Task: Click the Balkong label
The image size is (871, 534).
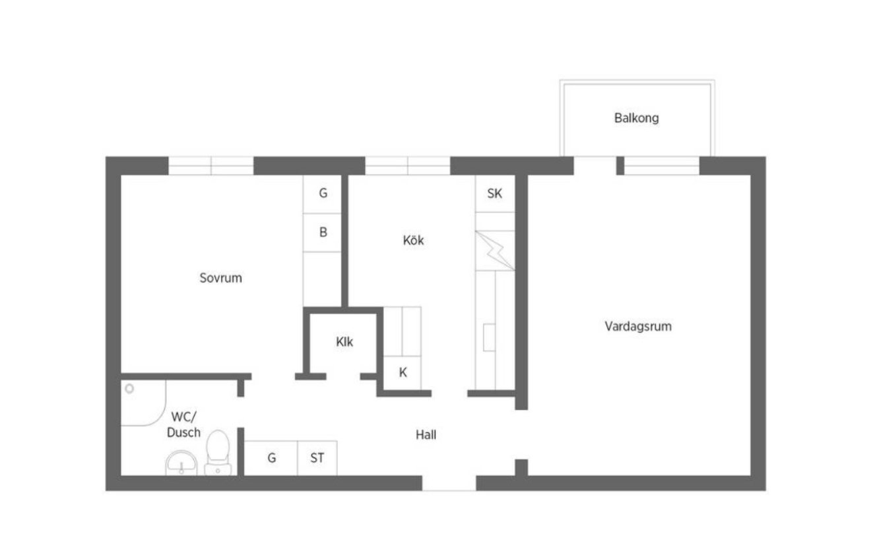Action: tap(637, 118)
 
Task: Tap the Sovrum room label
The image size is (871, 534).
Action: tap(220, 278)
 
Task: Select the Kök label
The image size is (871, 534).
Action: tap(413, 240)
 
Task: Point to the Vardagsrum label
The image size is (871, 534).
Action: tap(638, 326)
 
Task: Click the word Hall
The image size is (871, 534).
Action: tap(426, 435)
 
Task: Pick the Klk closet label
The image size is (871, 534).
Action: tap(344, 342)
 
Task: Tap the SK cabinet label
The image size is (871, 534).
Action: tap(495, 193)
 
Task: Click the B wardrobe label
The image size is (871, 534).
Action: tap(323, 232)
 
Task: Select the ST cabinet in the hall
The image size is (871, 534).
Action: tap(317, 458)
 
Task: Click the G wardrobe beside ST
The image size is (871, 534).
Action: tap(271, 458)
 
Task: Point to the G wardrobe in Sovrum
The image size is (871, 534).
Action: tap(323, 194)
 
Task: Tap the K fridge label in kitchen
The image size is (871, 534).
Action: tap(403, 372)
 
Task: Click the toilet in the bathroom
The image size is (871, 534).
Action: tap(218, 452)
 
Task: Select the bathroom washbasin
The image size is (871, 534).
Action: tap(181, 463)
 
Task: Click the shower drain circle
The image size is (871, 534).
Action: tap(129, 389)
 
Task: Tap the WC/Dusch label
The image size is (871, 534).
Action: tap(183, 424)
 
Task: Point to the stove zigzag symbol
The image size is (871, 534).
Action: tap(495, 251)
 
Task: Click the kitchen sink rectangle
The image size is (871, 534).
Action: tap(489, 337)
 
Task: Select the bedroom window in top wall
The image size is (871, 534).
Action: tap(211, 166)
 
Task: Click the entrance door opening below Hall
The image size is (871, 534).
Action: tap(449, 483)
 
